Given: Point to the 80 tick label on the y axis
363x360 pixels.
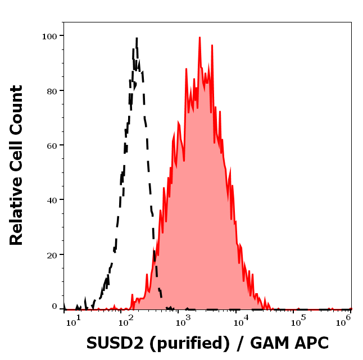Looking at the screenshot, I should tap(52, 90).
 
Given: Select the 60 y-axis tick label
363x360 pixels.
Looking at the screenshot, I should tap(52, 145).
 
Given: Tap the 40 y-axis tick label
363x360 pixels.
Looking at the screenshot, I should tap(52, 199).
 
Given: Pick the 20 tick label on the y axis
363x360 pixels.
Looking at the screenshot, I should tap(52, 254).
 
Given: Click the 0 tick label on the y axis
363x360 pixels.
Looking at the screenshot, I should tap(55, 307).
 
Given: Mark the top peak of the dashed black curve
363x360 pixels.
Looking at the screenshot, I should tap(136, 38).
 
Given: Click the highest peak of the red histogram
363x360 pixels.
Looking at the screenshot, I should tap(199, 38).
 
